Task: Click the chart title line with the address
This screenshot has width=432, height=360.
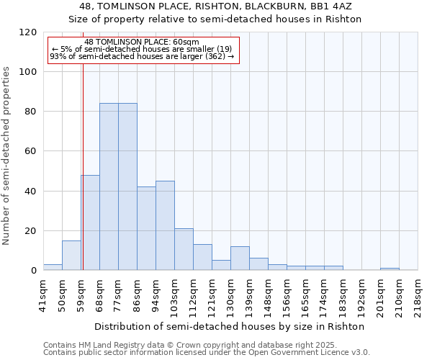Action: coord(215,6)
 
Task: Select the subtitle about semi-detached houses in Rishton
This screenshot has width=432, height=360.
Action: coord(215,19)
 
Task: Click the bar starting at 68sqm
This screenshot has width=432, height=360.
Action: coord(109,186)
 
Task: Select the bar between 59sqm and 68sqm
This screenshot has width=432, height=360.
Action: coord(90,222)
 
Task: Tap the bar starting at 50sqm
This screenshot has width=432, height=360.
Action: coord(71,256)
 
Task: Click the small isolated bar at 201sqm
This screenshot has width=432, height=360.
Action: coord(390,269)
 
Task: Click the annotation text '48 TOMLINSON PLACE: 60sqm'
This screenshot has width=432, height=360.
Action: coord(142,42)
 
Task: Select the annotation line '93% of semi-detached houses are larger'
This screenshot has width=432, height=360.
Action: coord(142,56)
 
